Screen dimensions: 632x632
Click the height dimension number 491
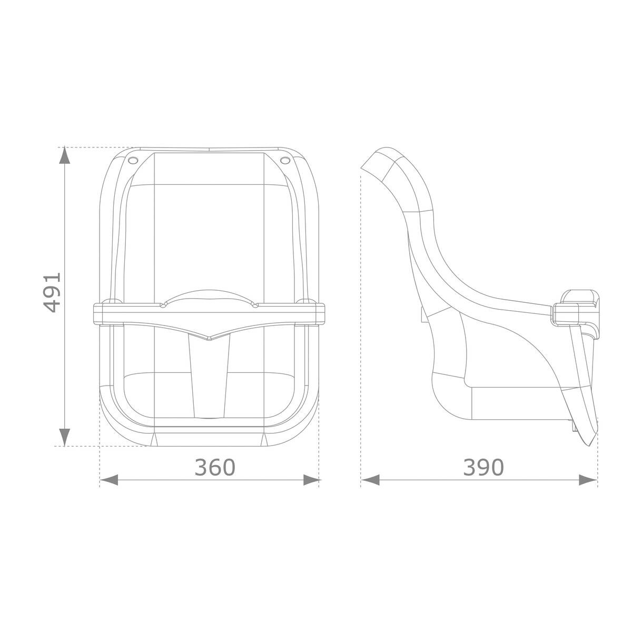tap(52, 293)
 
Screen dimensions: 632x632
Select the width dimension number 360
tap(215, 467)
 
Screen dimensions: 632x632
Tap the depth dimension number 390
tap(483, 467)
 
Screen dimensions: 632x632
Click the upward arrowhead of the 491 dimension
tap(64, 156)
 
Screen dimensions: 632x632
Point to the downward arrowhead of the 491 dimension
tap(64, 436)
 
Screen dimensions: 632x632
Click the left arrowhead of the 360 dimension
tap(108, 480)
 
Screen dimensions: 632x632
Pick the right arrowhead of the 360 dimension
tap(311, 480)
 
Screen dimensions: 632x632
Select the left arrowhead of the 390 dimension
tap(370, 480)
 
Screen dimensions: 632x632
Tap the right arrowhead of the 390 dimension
tap(588, 480)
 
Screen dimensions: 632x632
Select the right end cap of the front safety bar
tap(319, 313)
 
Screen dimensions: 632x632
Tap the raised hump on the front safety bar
tap(209, 295)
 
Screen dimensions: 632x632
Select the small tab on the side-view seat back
tap(422, 314)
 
